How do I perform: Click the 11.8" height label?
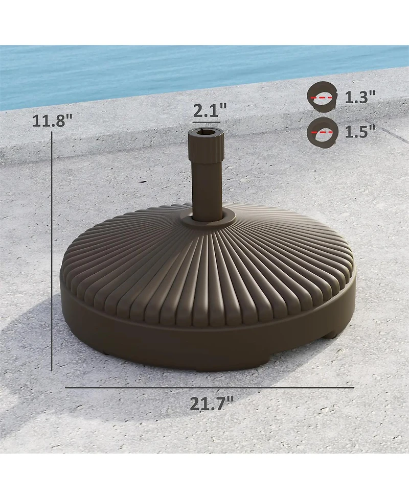click(x=52, y=121)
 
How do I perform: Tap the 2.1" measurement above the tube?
click(x=210, y=110)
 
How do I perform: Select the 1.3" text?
click(x=360, y=97)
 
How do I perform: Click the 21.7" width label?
click(x=208, y=403)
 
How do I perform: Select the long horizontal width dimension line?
click(x=210, y=388)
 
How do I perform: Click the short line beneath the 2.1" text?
click(x=207, y=123)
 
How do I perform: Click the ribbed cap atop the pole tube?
click(x=207, y=143)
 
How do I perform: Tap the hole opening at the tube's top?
click(x=207, y=133)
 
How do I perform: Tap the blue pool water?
click(x=153, y=72)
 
